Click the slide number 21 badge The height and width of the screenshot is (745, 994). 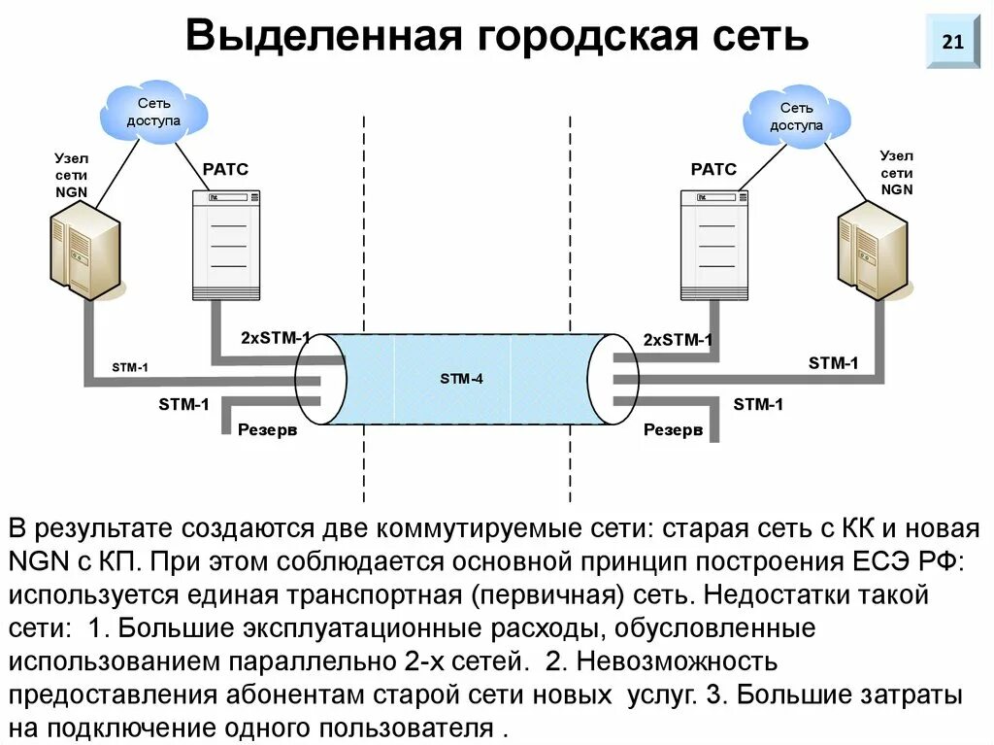click(x=952, y=42)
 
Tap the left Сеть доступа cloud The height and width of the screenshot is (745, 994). click(x=153, y=112)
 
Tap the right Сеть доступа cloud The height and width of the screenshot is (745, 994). click(x=796, y=117)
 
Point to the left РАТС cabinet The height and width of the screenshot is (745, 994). click(x=227, y=245)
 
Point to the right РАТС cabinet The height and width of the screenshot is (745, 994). click(x=714, y=245)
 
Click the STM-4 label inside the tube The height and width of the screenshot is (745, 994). click(x=461, y=379)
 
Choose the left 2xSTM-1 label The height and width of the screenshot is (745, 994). click(x=276, y=338)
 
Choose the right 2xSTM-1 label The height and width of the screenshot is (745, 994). click(x=678, y=340)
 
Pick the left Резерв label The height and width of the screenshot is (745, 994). click(x=267, y=429)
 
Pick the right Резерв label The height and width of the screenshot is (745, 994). click(x=673, y=429)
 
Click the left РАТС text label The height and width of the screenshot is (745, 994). click(x=225, y=169)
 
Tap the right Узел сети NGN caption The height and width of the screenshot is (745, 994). click(x=896, y=172)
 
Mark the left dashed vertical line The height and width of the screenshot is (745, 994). click(x=365, y=291)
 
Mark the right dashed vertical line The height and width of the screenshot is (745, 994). click(x=570, y=291)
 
